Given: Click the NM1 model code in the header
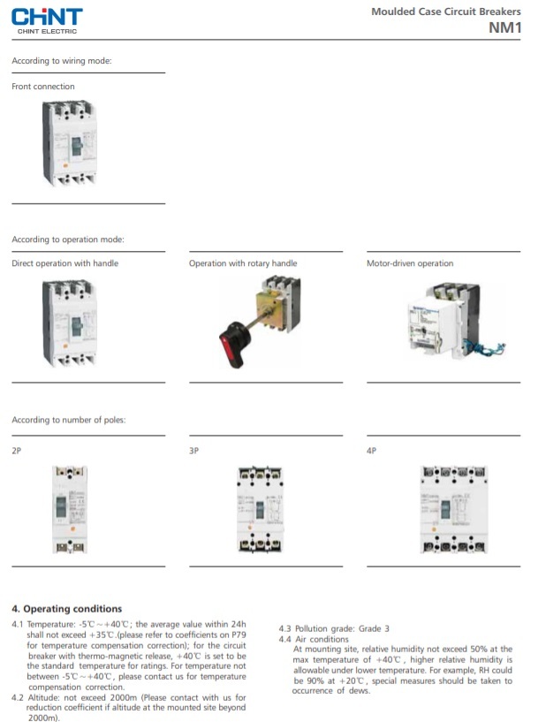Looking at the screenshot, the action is click(505, 27).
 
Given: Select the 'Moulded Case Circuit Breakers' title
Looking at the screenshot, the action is click(445, 11).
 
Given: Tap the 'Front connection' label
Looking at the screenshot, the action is click(43, 87).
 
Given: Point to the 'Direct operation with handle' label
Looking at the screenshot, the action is click(64, 263).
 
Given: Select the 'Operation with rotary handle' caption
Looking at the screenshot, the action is click(243, 263).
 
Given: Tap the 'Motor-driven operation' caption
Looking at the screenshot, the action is click(410, 263).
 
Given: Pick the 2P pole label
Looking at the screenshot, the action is click(17, 451).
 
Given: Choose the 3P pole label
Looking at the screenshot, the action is click(194, 451).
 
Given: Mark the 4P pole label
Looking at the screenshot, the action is click(372, 451).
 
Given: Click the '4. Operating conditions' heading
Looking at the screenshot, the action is click(66, 609).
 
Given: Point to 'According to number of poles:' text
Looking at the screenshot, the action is click(68, 420).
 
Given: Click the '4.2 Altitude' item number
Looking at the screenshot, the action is click(19, 697).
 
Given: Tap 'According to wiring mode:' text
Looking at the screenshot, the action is click(62, 61).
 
